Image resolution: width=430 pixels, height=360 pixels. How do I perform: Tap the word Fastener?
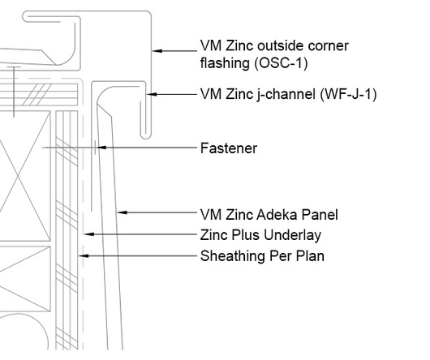[229, 148]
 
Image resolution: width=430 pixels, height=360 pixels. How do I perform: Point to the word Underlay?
[292, 235]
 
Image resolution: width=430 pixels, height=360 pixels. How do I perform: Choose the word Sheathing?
[233, 256]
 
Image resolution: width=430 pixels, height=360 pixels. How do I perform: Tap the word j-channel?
[286, 95]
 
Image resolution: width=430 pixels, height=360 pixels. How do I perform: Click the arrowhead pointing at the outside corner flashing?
[157, 51]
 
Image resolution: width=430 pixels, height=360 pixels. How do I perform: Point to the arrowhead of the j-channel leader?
[152, 94]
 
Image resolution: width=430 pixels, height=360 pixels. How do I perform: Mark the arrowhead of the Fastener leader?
[101, 148]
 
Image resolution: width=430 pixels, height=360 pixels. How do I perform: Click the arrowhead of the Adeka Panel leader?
[122, 212]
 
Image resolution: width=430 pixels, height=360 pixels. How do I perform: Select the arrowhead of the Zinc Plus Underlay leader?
[89, 234]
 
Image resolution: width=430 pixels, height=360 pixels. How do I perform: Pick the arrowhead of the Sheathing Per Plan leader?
[84, 256]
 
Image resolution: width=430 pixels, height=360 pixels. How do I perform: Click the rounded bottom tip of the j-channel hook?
[145, 139]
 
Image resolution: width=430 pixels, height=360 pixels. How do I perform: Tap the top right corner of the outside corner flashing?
[151, 11]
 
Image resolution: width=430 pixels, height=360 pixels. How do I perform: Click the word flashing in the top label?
[225, 63]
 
